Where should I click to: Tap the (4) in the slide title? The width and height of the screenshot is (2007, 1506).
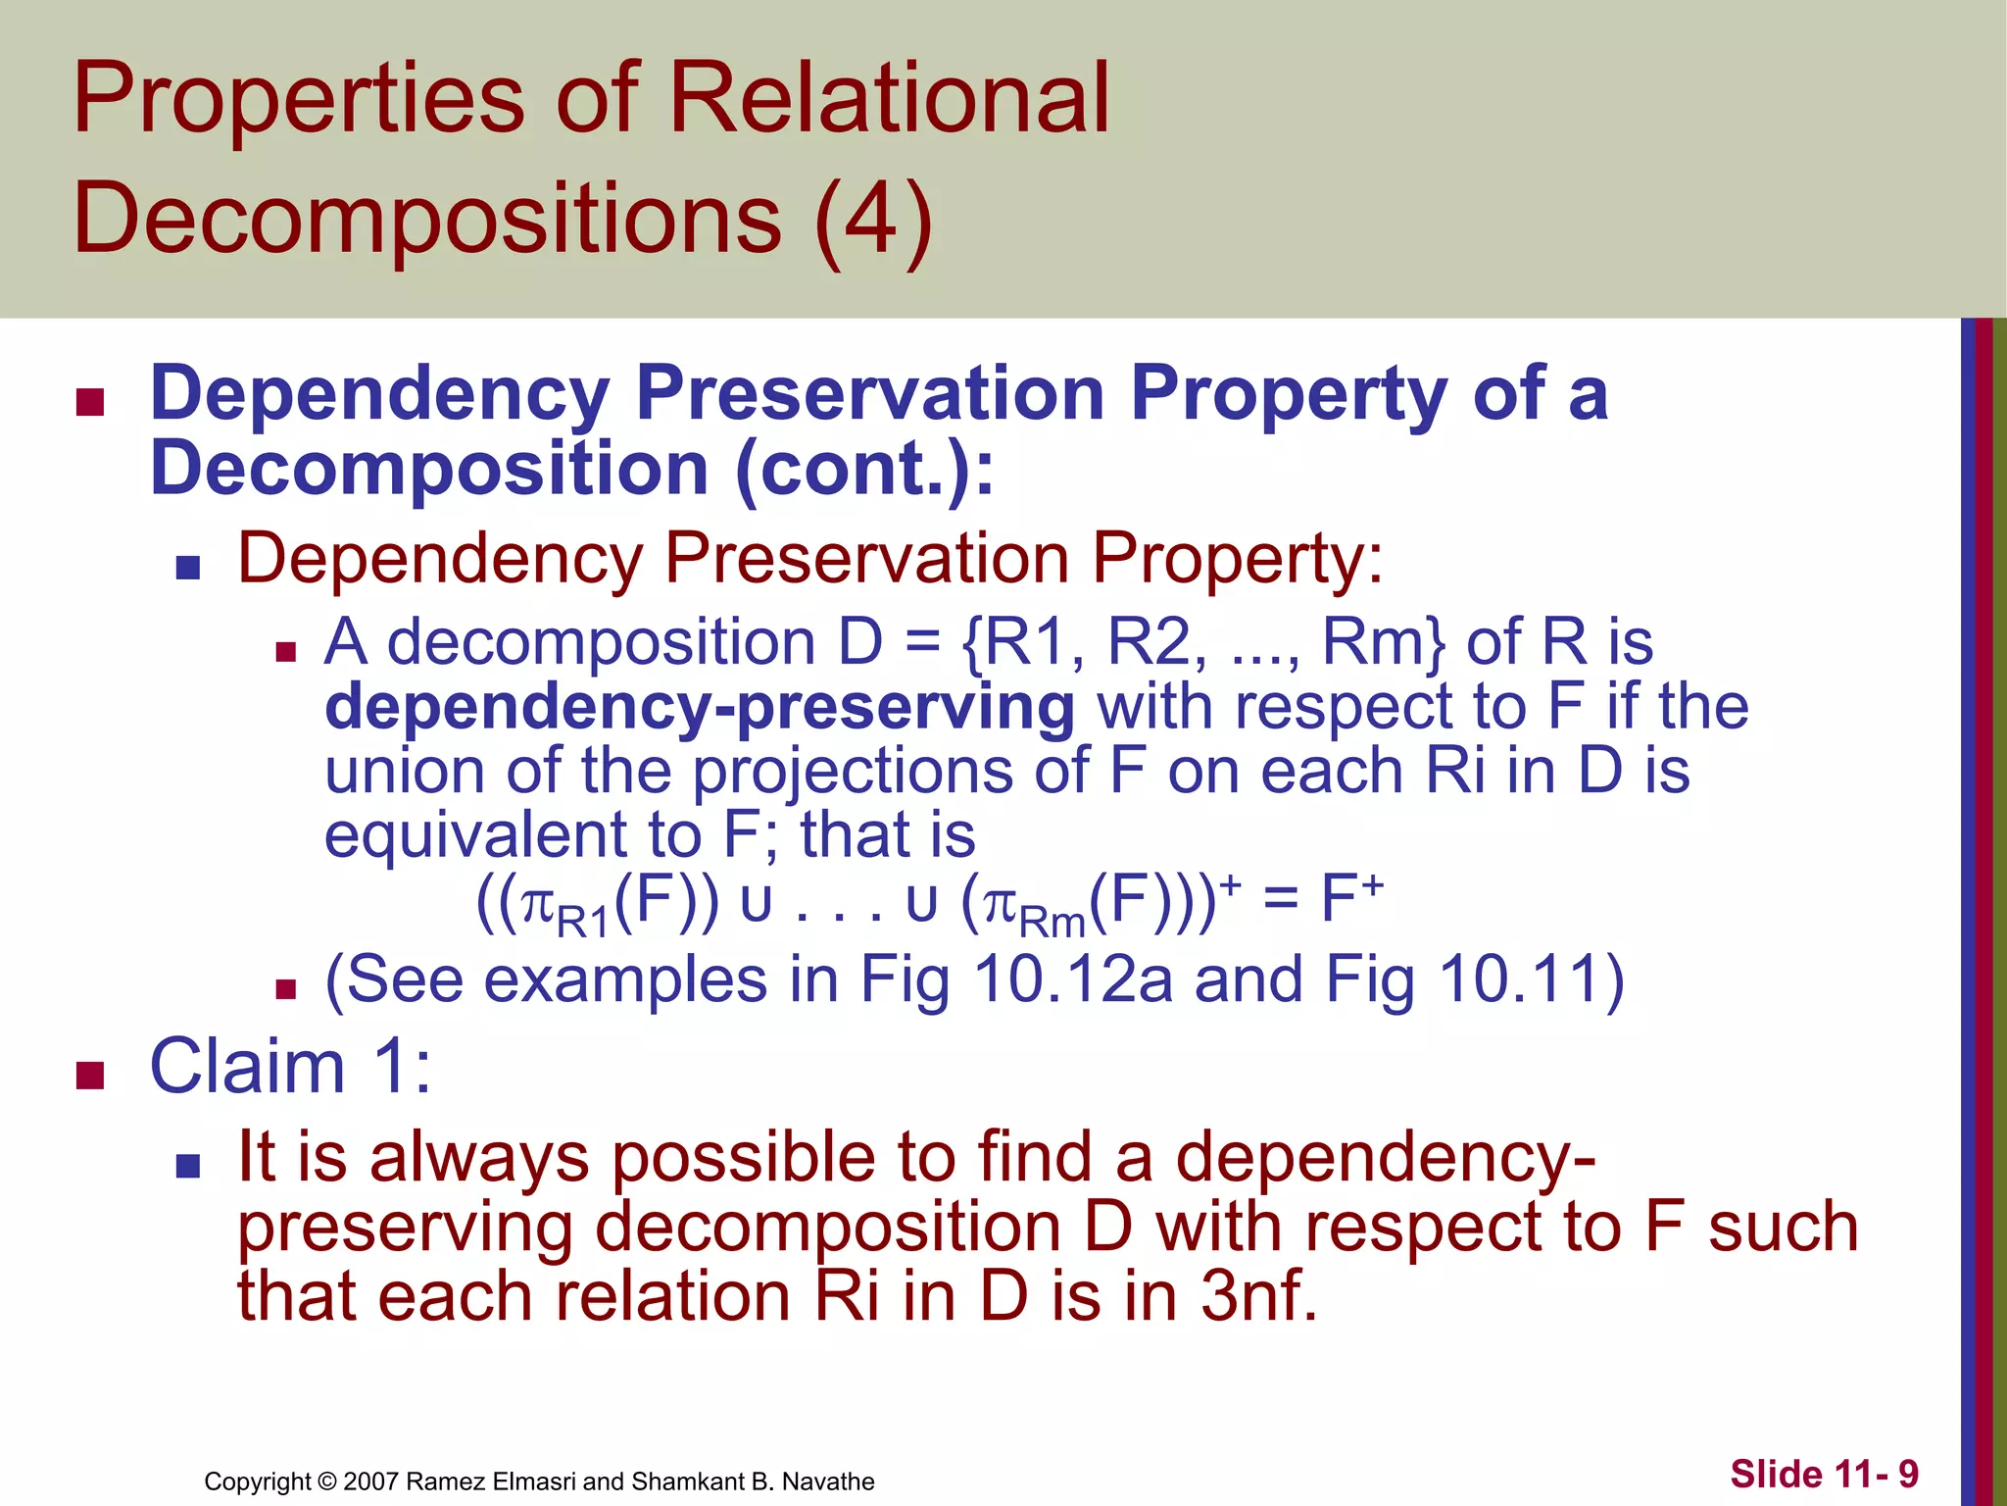coord(873,218)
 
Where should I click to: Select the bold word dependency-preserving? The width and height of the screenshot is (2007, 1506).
coord(700,708)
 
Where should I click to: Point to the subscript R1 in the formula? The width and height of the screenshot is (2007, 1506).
coord(583,923)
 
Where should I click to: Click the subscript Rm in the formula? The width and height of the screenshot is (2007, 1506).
coord(1052,923)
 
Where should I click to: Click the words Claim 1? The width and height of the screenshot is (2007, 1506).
coord(290,1067)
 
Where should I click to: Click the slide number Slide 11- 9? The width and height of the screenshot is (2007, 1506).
coord(1824,1474)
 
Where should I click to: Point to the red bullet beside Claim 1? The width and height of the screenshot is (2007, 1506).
coord(90,1076)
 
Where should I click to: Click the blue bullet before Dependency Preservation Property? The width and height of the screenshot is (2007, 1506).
coord(188,567)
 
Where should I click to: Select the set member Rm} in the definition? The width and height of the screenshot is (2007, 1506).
coord(1383,643)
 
